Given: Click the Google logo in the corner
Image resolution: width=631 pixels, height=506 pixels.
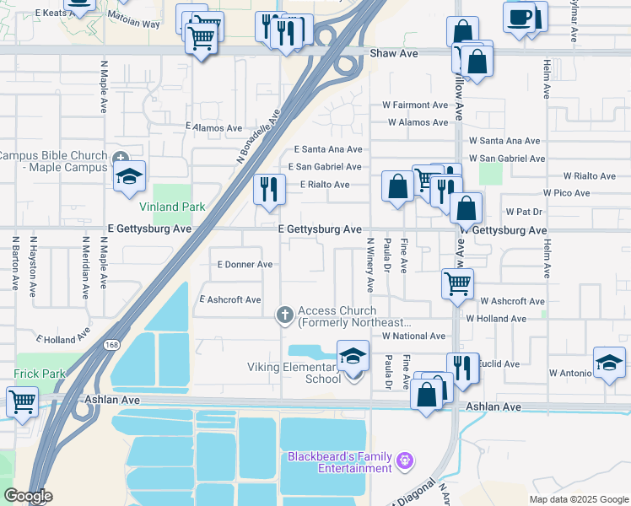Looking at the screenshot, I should (27, 496).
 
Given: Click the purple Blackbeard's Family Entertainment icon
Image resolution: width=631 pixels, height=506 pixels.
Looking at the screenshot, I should (405, 461).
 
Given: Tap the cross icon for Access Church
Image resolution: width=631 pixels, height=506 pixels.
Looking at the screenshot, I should (285, 316).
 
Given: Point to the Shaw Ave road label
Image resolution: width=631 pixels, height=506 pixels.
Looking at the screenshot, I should (394, 53).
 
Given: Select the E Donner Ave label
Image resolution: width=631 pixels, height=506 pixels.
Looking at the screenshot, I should (245, 264).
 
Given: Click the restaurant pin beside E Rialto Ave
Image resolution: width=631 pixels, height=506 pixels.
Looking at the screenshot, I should (268, 188).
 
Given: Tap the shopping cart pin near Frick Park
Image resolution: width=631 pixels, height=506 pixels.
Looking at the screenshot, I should (21, 401).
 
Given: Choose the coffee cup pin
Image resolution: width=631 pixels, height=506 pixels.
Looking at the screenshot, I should (519, 17).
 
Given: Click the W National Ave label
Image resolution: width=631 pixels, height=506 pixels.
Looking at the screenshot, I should (413, 336).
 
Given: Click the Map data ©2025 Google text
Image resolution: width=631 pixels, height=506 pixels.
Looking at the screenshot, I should (579, 499).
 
